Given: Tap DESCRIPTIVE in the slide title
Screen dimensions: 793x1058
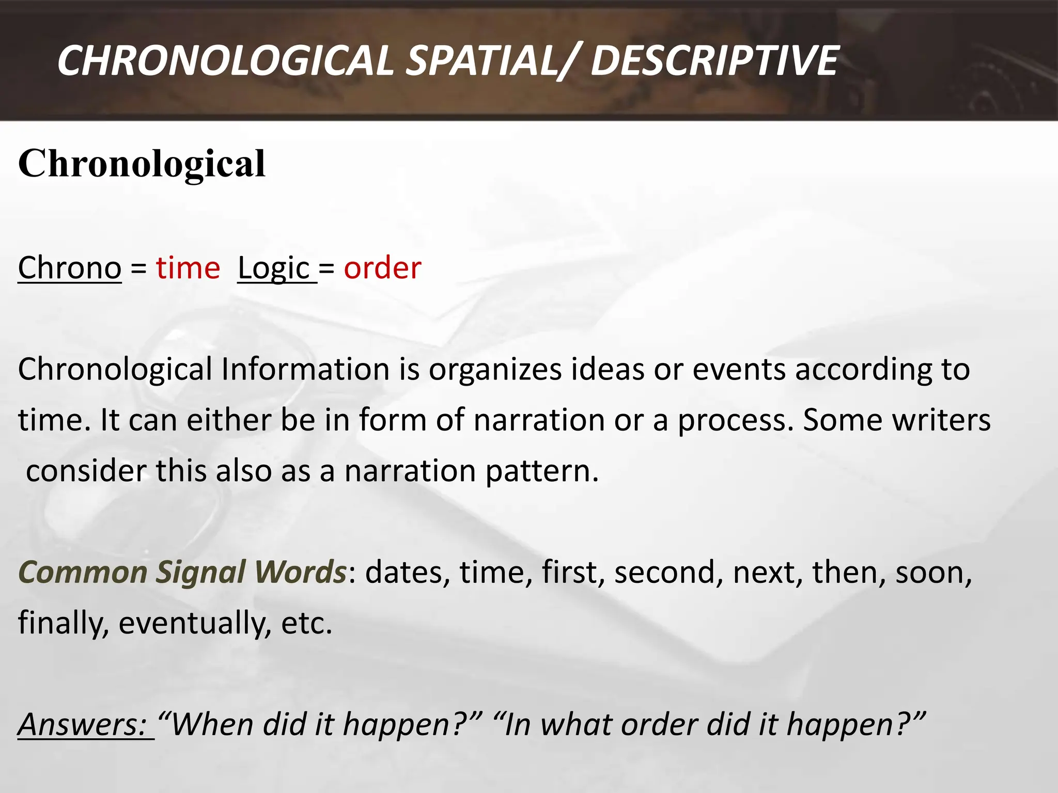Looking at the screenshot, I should (713, 61).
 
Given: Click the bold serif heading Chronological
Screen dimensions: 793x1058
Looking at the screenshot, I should (142, 163).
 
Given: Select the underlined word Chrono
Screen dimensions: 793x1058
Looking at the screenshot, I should (70, 268).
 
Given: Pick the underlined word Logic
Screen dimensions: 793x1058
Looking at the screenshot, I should (274, 269).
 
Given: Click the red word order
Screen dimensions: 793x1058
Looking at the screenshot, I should (382, 268).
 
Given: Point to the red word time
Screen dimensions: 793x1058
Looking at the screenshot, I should (188, 268).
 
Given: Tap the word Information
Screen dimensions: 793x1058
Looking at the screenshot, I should (305, 369).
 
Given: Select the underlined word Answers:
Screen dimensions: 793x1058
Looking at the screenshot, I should (83, 724).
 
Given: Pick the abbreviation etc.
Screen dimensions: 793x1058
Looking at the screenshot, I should (306, 623).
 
